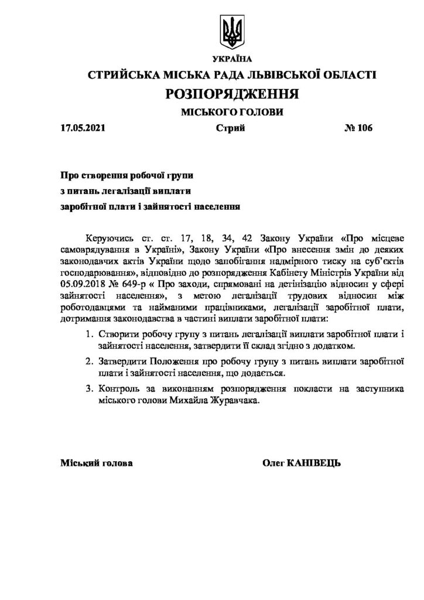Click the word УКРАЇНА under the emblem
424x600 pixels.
tap(232, 59)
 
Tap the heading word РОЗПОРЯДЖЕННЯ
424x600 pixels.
tap(232, 94)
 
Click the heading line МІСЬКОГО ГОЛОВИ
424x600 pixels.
tap(232, 112)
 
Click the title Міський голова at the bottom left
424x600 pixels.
tap(97, 463)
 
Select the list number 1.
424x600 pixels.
tap(88, 335)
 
